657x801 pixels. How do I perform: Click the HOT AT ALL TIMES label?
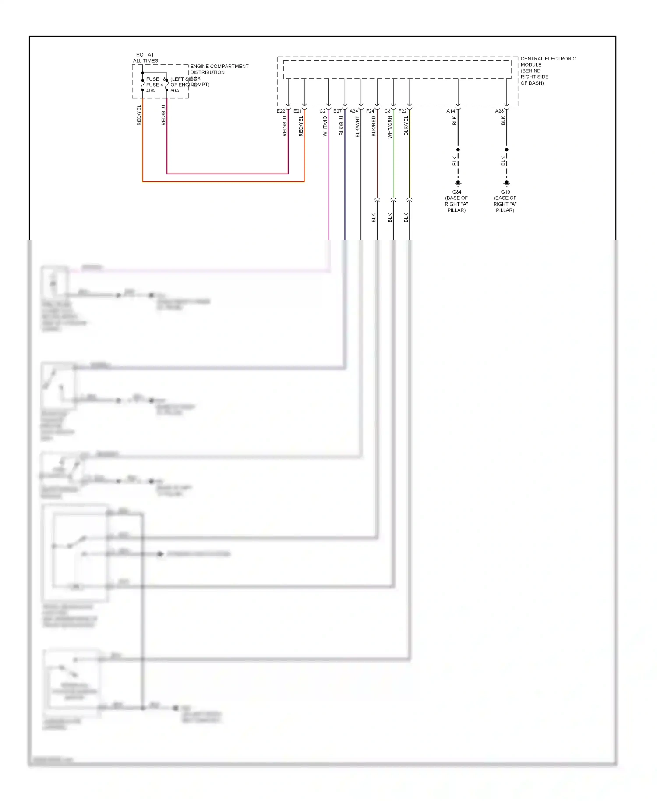coord(145,58)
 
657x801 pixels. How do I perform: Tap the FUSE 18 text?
coord(156,79)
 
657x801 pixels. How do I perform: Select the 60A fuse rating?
coord(175,91)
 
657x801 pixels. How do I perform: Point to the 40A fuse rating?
coord(150,91)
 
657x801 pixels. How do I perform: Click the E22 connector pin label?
coord(281,111)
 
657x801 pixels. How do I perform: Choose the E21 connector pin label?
coord(297,111)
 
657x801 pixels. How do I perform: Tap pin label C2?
coord(322,111)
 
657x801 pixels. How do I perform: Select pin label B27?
coord(337,111)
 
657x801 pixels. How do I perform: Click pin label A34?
coord(353,111)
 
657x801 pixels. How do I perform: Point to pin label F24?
coord(370,111)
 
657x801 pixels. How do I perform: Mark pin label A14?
coord(451,111)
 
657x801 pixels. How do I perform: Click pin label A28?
coord(499,111)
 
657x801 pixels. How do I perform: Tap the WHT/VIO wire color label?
coord(325,126)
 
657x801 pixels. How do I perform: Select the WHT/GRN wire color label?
coord(390,127)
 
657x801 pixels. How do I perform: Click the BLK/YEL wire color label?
coord(406,126)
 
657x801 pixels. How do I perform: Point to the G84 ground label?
coord(456,192)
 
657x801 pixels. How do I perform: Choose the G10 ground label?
coord(505,192)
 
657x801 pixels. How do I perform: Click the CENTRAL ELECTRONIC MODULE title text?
coord(548,61)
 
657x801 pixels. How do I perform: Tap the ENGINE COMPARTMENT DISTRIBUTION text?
coord(219,69)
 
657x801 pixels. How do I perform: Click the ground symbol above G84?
coord(458,183)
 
